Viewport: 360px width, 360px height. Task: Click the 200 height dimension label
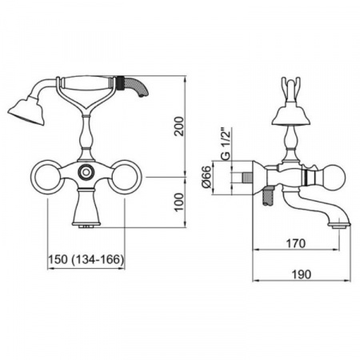(x=179, y=126)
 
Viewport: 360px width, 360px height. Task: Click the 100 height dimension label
(x=179, y=202)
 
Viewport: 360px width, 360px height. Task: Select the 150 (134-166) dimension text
(x=86, y=259)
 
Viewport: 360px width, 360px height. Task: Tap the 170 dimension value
(x=295, y=243)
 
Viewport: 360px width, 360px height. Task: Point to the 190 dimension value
(x=302, y=274)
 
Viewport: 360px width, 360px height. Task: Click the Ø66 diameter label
(x=207, y=177)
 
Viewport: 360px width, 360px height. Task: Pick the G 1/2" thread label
(x=226, y=145)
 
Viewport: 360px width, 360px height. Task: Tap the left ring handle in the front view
(x=48, y=177)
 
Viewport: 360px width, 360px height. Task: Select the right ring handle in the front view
(x=125, y=177)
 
